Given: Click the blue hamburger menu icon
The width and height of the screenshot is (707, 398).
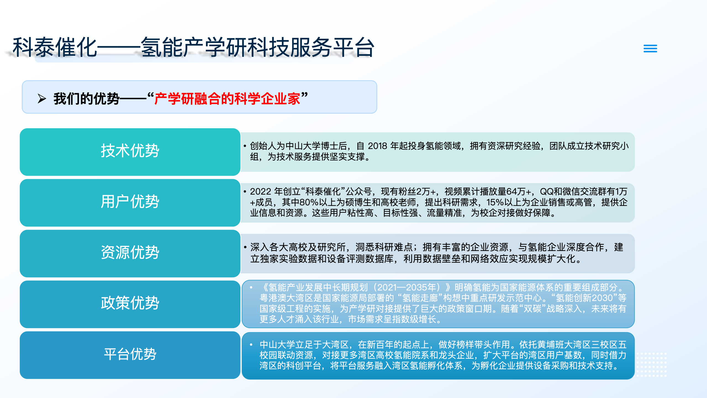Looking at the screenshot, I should tap(650, 49).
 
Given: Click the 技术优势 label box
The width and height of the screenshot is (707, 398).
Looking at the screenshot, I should tap(130, 152).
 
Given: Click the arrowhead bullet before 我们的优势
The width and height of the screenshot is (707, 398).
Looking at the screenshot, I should tap(42, 99).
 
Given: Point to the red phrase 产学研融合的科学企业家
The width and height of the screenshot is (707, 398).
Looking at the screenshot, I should tap(227, 99).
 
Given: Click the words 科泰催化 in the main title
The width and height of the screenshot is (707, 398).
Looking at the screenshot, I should tap(55, 48).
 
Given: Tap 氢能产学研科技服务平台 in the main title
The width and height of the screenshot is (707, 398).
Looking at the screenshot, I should tap(257, 48).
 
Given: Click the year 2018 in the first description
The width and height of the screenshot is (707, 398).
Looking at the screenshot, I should tap(377, 146).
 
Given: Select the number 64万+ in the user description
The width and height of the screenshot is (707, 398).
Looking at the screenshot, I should tap(519, 192).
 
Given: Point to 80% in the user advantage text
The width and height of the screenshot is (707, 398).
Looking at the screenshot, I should tap(309, 202).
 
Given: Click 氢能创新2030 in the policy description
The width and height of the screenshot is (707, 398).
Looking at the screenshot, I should tap(584, 298).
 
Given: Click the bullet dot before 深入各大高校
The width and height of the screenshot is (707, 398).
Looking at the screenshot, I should tap(245, 247).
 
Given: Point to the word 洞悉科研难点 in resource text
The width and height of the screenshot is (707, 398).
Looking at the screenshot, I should tap(384, 247).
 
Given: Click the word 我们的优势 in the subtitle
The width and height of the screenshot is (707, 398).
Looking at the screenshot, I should tap(86, 99).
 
